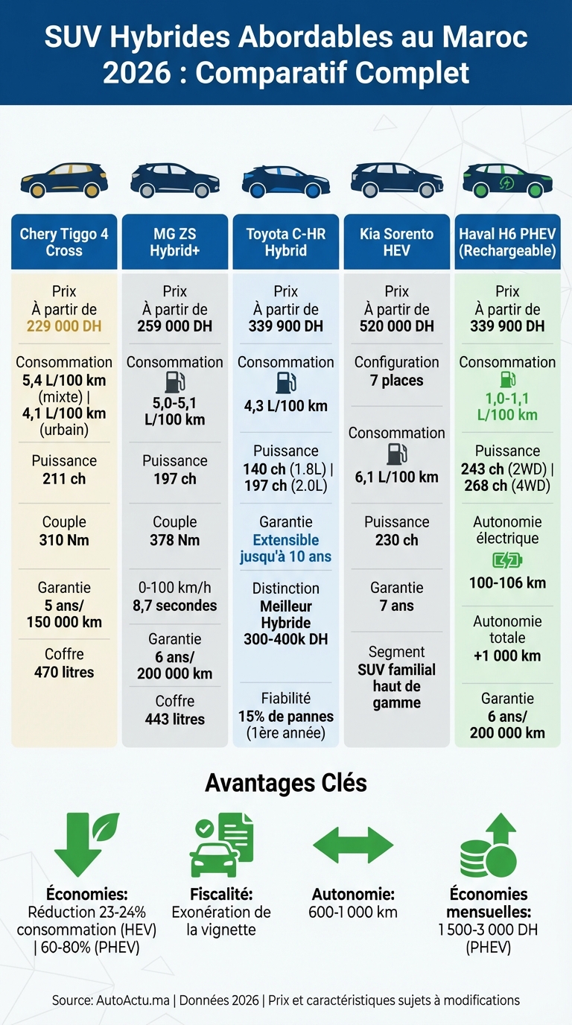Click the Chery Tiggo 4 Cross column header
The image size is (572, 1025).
click(64, 242)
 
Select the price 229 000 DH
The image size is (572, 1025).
click(64, 326)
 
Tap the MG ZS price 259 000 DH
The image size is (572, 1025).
click(175, 326)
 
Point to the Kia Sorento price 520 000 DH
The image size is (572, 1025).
click(397, 326)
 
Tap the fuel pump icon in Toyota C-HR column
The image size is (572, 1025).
click(286, 383)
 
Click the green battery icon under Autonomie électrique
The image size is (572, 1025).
click(507, 560)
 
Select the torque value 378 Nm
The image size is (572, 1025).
click(175, 540)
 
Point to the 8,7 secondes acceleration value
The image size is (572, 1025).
click(175, 606)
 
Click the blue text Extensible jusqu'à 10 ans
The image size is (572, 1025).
click(286, 548)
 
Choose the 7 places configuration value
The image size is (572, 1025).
click(397, 381)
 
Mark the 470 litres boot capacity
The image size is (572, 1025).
click(64, 672)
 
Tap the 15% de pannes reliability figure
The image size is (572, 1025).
click(286, 717)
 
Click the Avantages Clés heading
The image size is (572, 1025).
click(286, 783)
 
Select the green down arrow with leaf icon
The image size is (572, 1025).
click(85, 843)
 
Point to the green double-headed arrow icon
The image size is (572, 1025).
click(352, 845)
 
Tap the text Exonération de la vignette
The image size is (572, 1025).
click(221, 921)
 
